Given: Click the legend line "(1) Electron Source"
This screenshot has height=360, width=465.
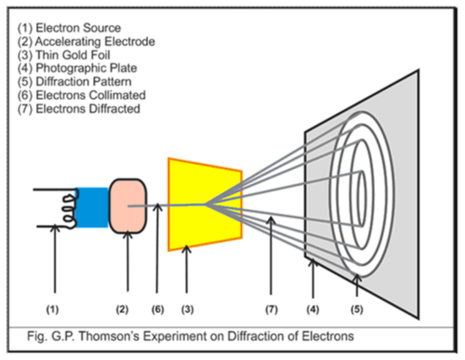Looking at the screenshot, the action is pos(69,28).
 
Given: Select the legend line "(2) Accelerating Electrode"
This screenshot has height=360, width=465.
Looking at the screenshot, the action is pos(86,41).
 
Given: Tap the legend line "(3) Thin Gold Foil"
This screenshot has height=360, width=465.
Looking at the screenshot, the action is pos(63,55).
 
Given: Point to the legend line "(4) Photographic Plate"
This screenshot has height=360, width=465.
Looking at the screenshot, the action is pos(77,68).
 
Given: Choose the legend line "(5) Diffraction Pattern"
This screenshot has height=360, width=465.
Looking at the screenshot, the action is pos(74,81).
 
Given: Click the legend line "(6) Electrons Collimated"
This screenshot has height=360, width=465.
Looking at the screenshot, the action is pos(81,95).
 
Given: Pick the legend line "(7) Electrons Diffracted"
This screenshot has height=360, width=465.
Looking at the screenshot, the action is pos(79,109).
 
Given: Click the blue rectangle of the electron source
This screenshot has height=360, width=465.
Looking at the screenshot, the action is pos(91,208).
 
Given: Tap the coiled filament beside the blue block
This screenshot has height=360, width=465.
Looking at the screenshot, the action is pos(69,209).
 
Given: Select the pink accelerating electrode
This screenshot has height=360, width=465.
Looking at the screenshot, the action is pos(128,206).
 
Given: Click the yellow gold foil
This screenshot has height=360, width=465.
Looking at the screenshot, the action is pos(205,205).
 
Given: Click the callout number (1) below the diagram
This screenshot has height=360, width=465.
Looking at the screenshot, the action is pos(52,309).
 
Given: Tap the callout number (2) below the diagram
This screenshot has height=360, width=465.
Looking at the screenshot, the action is pos(123,309).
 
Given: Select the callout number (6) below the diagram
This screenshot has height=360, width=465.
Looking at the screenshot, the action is pos(158,309).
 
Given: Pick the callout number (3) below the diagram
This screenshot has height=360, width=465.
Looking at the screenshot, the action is pos(188,309).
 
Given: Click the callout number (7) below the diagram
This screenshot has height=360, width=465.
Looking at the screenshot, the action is pos(271,309).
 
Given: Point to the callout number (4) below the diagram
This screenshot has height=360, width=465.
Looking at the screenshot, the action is pos(313,309).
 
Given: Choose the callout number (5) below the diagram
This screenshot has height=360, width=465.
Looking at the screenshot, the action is pos(357,309).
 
